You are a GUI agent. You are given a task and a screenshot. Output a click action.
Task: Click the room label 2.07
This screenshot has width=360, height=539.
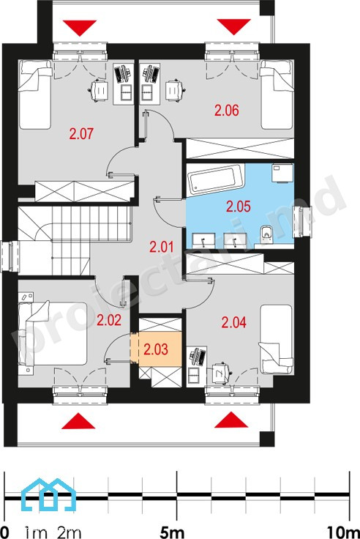coord(81,133)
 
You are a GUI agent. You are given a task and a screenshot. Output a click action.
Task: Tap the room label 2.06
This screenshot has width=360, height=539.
coord(226,111)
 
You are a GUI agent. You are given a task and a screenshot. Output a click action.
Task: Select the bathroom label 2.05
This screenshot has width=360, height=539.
coord(239,207)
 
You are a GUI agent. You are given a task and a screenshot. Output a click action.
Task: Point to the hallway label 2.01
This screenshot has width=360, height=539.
coord(162,247)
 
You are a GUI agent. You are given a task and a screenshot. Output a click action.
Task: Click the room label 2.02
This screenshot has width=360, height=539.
coord(109,320)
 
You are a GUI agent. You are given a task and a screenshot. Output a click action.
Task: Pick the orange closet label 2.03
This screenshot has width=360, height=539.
coord(156,349)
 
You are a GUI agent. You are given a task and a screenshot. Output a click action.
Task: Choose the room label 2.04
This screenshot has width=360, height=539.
coord(234,322)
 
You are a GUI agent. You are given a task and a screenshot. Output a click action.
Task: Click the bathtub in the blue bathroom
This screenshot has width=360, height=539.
coord(216,178)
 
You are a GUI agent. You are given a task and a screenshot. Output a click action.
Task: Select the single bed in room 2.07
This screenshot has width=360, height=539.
coord(35,94)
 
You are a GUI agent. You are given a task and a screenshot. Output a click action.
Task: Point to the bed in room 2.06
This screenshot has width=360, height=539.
coord(277,94)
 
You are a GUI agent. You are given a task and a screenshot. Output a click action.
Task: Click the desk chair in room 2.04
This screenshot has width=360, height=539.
coord(220,372)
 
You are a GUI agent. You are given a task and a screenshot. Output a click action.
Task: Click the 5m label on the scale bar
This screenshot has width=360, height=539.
coord(172,532)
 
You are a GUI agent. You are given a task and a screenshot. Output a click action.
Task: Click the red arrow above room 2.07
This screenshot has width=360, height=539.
coord(80,28)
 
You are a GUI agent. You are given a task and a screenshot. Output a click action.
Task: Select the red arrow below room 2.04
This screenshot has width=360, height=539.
coord(231,420)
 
